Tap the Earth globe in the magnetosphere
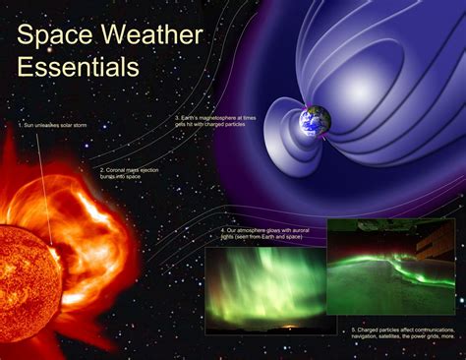pyautogui.click(x=316, y=120)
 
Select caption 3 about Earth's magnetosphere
pyautogui.click(x=217, y=121)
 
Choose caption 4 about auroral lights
pyautogui.click(x=259, y=235)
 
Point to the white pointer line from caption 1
pyautogui.click(x=47, y=187)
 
